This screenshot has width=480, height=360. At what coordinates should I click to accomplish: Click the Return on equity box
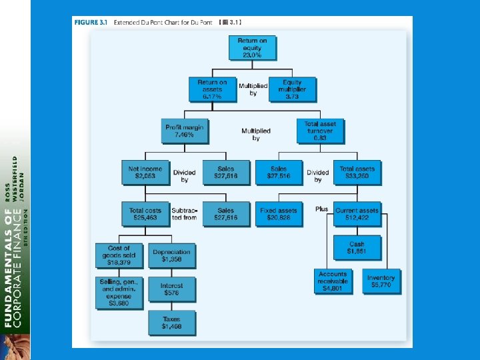pos(252,48)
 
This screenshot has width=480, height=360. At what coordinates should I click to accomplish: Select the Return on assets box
pos(212,89)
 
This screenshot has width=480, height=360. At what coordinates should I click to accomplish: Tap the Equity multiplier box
pos(291,89)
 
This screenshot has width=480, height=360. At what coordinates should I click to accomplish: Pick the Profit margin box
pos(184,131)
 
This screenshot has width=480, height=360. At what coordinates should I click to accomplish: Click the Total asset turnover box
pos(319,131)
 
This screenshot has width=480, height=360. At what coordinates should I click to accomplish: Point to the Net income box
pos(145,173)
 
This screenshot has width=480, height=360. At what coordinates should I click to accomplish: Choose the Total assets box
pos(357,173)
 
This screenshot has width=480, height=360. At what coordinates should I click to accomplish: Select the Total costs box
pos(145,214)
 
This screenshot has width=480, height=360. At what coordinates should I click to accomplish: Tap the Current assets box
pos(357,214)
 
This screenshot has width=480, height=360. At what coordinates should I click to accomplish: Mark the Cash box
pos(357,248)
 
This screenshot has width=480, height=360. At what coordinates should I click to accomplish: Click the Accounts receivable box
pos(332,281)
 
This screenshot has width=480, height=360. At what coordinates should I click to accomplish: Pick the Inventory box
pos(381,281)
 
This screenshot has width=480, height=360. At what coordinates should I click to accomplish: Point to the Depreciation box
pos(171,255)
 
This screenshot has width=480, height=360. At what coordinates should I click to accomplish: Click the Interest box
pos(171,289)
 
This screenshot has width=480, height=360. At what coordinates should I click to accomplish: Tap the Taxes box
pos(171,323)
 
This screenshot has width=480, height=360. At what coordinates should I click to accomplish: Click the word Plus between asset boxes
pos(322,209)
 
